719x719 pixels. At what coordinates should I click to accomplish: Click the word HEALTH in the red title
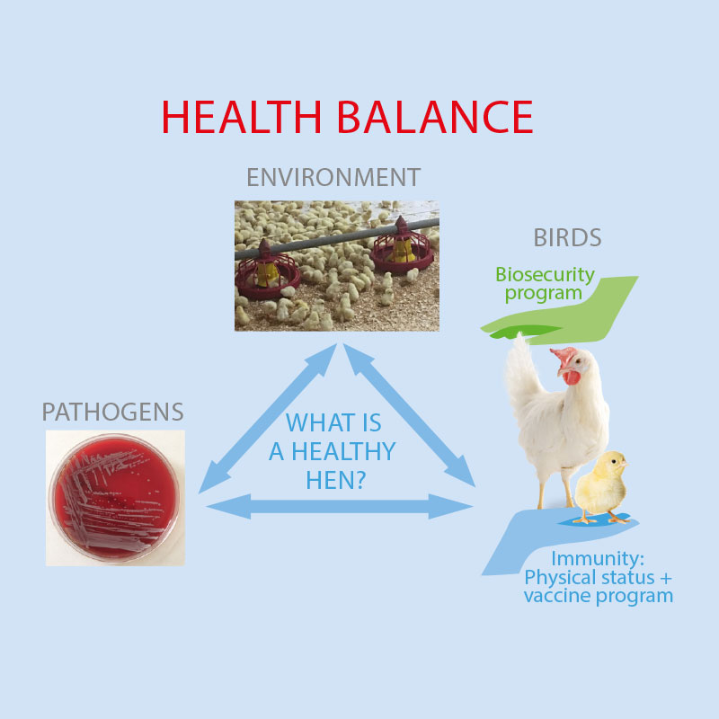242,117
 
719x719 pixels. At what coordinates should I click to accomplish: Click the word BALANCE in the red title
435,117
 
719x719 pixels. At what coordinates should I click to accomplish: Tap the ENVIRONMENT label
333,177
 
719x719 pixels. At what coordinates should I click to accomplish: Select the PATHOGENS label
113,412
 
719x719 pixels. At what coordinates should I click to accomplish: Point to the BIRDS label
567,237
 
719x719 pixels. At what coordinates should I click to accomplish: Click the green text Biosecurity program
545,284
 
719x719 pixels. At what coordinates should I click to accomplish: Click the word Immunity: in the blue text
598,558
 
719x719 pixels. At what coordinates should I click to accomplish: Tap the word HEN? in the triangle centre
335,481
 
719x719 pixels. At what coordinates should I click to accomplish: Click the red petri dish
114,498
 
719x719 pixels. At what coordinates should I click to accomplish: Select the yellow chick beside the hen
601,487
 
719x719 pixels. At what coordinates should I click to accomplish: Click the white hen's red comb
564,356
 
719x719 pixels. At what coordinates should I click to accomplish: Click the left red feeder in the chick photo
267,272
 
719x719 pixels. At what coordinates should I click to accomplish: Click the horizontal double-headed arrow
340,507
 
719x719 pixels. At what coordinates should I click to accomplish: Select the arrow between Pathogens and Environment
268,419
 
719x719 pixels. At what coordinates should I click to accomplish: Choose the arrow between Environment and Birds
409,415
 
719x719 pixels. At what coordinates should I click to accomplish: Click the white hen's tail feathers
523,371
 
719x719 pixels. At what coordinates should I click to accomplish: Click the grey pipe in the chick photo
337,239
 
